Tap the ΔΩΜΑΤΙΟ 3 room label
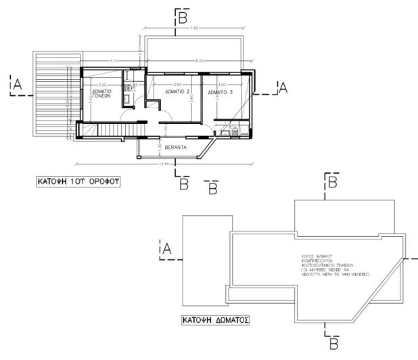coord(221,91)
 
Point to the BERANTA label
coord(175,145)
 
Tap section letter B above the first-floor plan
coord(182,19)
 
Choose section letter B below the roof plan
coord(333,344)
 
